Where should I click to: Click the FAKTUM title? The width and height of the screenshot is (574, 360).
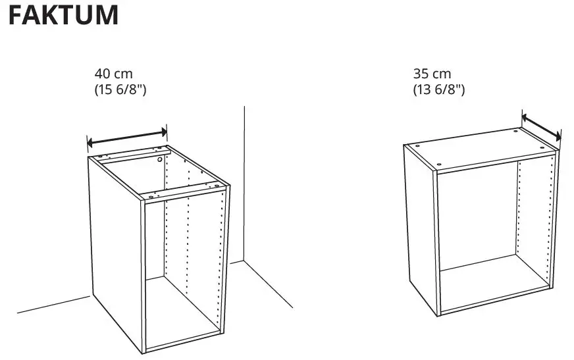[x=64, y=15]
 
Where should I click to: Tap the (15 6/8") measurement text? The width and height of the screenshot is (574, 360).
[x=120, y=90]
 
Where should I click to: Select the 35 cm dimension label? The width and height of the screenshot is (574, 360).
[x=432, y=74]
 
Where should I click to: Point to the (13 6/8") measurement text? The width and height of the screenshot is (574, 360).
[x=438, y=90]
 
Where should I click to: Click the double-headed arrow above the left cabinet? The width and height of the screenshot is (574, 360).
[x=128, y=137]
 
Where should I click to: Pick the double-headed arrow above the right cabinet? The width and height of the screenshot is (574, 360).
[x=541, y=126]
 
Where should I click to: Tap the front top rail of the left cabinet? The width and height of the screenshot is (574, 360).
[x=184, y=193]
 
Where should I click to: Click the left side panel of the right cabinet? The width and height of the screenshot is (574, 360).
[x=419, y=224]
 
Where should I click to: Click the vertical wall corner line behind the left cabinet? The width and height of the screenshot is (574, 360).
[x=244, y=184]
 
